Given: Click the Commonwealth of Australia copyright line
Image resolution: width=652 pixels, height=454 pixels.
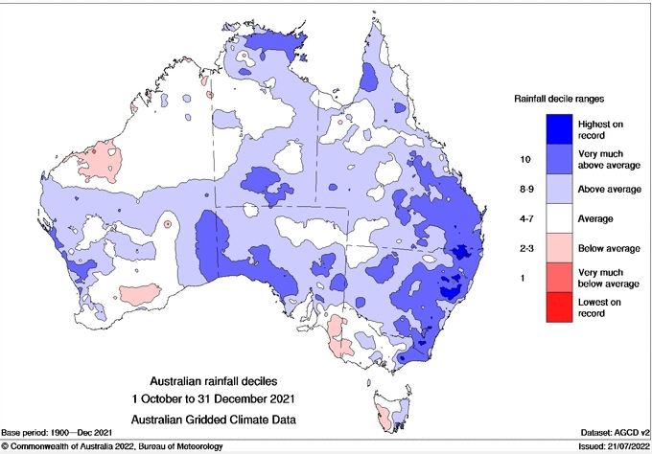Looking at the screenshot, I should coord(128,446).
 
